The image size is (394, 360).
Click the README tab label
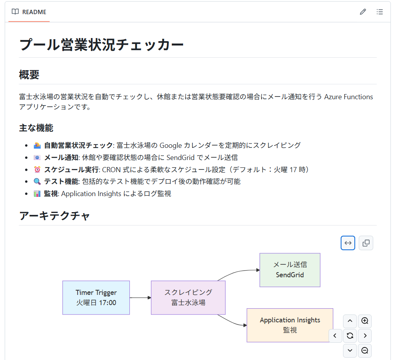34,12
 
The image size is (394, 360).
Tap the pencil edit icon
363,12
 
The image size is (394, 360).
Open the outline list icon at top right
379,12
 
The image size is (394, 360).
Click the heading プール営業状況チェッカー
102,45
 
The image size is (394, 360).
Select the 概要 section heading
29,75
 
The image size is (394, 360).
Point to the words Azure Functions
349,97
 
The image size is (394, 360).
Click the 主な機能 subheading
36,128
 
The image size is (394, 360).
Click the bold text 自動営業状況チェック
78,145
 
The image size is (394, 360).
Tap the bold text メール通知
61,158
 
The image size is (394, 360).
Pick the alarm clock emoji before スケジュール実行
37,169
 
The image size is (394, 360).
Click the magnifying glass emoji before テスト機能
37,182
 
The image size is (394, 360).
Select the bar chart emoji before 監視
37,194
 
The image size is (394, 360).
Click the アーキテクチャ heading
55,216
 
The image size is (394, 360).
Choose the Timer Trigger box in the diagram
96,298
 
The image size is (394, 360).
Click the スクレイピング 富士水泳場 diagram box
188,298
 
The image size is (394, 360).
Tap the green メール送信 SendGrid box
290,270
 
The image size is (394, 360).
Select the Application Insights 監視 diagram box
290,325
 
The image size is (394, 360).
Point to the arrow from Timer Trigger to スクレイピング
140,298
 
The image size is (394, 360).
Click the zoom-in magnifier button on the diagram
365,321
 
